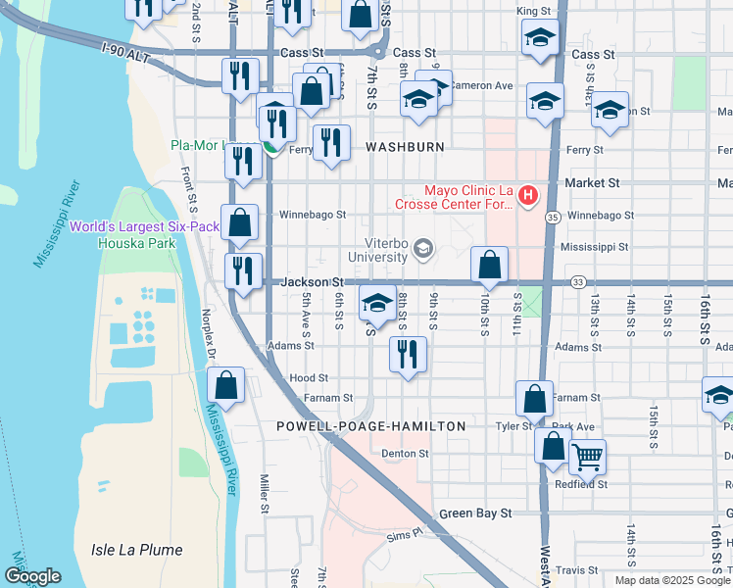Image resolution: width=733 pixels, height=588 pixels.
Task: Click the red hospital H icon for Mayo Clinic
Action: tap(528, 196)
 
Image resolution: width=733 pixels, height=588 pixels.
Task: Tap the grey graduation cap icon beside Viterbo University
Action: tap(423, 248)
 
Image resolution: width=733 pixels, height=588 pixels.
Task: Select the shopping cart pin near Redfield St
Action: tap(586, 456)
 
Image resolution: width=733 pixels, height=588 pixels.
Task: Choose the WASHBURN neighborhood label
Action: tap(405, 147)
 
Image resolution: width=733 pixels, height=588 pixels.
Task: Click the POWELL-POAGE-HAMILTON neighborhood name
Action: tap(370, 426)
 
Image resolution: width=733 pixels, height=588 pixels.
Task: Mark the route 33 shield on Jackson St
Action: tap(578, 282)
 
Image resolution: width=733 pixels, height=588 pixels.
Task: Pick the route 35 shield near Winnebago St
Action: tap(553, 217)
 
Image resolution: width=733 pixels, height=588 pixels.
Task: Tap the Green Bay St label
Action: tap(475, 513)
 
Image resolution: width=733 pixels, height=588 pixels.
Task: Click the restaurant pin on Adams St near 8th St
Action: tap(408, 353)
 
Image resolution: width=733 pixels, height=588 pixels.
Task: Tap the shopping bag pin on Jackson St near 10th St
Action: tap(489, 265)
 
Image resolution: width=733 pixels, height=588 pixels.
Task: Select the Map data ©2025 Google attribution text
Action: tap(671, 580)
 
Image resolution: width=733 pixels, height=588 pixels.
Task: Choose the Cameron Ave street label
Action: tap(482, 86)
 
